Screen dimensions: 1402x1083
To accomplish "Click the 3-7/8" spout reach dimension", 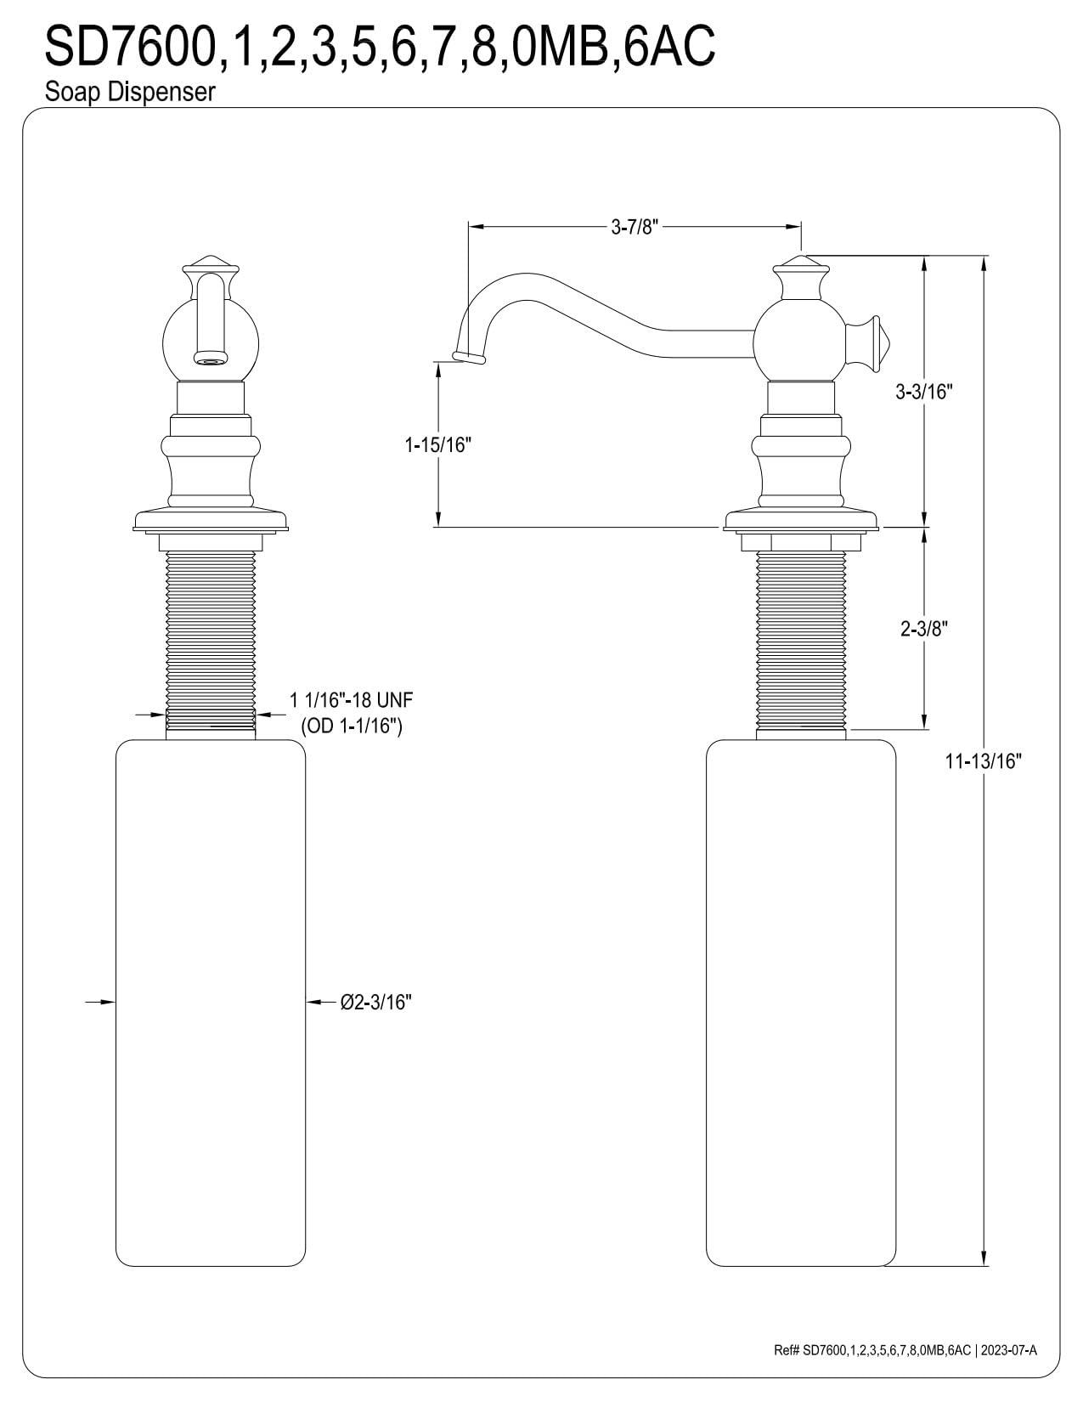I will (635, 227).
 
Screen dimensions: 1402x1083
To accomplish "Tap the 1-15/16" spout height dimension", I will (437, 444).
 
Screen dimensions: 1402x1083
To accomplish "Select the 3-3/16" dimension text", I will (924, 392).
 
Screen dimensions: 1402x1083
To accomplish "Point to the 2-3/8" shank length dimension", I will (923, 629).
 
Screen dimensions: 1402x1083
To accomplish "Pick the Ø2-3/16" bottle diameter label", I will (375, 1003).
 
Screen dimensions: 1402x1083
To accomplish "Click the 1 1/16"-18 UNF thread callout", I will (351, 700).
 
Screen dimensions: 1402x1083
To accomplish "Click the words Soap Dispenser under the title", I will (130, 92).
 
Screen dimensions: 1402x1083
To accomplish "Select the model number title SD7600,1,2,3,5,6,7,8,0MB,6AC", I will (380, 47).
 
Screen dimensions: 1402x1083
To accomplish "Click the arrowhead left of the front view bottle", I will (106, 1003).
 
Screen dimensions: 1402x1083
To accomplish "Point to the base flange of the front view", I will (210, 520).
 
